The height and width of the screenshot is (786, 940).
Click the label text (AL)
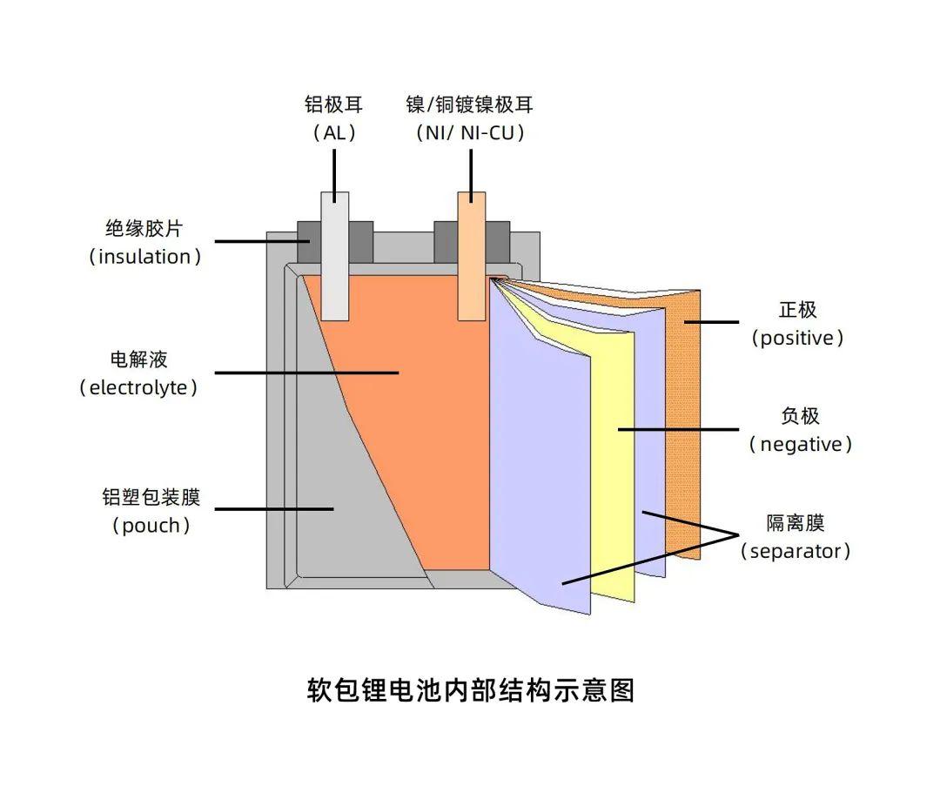(x=334, y=133)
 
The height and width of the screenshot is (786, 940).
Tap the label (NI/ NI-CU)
(x=470, y=133)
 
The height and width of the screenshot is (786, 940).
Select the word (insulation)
(x=144, y=257)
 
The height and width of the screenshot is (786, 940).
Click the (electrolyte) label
(x=138, y=387)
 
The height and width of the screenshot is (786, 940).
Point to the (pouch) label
(x=151, y=525)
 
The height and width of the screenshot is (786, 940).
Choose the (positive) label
(x=797, y=338)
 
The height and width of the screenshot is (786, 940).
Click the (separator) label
(x=796, y=551)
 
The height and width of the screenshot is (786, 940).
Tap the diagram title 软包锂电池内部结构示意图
(x=471, y=689)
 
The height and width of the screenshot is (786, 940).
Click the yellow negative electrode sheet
(x=614, y=470)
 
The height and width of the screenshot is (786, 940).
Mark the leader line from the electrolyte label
(x=305, y=373)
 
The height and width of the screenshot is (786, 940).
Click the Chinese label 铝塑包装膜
(x=151, y=497)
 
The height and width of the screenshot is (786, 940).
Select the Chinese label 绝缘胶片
(x=144, y=229)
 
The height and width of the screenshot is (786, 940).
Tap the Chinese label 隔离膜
(x=795, y=523)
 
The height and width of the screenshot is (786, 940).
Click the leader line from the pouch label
(x=274, y=509)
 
